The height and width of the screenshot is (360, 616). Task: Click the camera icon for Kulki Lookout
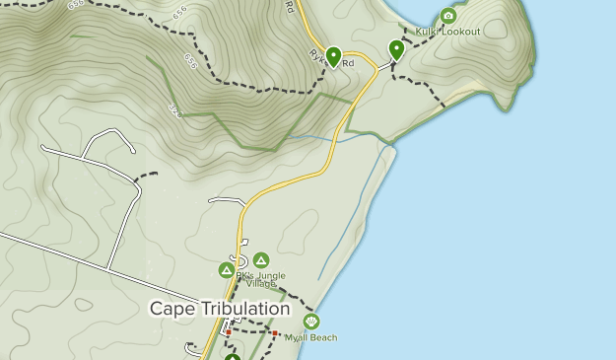(448, 16)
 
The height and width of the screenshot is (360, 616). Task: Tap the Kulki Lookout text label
(447, 32)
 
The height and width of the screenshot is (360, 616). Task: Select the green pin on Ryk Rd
(333, 57)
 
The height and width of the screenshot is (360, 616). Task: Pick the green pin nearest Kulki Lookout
(396, 49)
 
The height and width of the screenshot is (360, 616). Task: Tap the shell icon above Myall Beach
(311, 322)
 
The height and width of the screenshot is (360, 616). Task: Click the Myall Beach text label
(310, 337)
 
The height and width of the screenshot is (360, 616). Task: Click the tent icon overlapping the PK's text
(226, 270)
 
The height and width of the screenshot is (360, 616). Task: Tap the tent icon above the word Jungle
(261, 260)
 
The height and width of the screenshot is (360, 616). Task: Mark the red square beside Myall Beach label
(275, 334)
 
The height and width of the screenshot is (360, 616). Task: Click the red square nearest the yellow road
(229, 333)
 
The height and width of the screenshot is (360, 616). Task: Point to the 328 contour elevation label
(174, 107)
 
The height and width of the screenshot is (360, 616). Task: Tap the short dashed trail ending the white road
(146, 176)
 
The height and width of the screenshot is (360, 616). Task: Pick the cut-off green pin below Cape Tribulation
(233, 356)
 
